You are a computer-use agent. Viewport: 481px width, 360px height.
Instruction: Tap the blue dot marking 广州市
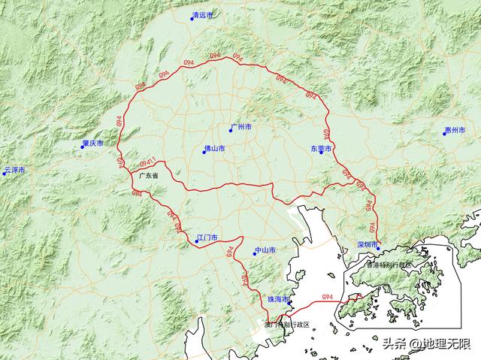point(231,131)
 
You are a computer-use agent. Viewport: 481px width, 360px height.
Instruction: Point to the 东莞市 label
point(320,149)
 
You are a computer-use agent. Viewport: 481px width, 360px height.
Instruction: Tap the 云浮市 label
point(14,171)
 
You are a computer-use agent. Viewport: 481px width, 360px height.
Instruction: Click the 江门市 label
point(207,237)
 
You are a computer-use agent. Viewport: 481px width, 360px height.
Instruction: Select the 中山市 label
point(266,250)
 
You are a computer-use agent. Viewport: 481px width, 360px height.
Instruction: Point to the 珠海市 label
point(278,298)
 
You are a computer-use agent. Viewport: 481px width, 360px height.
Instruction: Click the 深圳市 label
point(367,245)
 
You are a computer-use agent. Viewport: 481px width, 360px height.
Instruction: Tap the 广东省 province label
point(150,175)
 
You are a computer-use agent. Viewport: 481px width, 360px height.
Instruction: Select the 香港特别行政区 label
point(390,265)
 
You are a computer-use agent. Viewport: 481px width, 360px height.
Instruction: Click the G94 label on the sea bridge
point(327,298)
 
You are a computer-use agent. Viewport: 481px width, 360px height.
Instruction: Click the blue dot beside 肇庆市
point(83,147)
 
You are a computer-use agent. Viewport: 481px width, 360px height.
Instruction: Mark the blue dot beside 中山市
point(256,254)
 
